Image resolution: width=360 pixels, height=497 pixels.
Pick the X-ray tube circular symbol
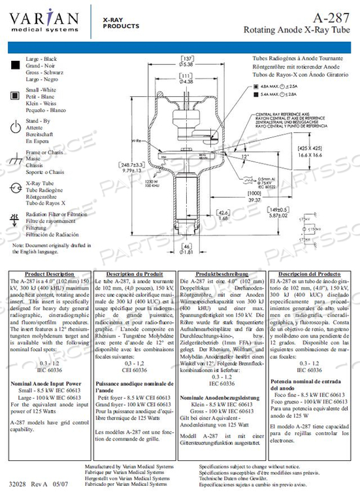(15, 190)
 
